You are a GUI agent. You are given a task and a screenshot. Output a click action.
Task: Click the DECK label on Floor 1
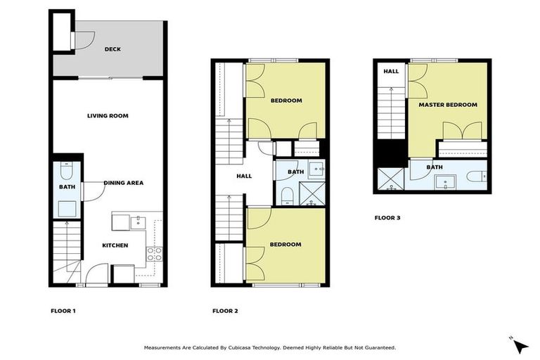112,49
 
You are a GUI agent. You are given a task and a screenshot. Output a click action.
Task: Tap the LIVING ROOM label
108,115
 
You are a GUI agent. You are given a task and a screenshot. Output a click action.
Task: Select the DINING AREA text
124,183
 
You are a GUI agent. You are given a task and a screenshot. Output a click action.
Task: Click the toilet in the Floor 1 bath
67,172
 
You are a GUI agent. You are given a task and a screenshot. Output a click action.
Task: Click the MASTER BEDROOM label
448,105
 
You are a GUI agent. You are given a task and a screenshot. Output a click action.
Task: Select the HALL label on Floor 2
243,176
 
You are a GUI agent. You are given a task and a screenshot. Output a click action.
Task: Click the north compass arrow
520,345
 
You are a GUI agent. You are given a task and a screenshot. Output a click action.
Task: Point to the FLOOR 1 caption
63,310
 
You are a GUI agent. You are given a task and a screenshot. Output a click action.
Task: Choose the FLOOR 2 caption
225,310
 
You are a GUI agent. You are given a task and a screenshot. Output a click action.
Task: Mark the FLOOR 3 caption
387,218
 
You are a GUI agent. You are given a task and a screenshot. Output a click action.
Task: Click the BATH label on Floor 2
296,172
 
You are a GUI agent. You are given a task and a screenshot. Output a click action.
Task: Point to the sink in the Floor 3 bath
444,184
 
